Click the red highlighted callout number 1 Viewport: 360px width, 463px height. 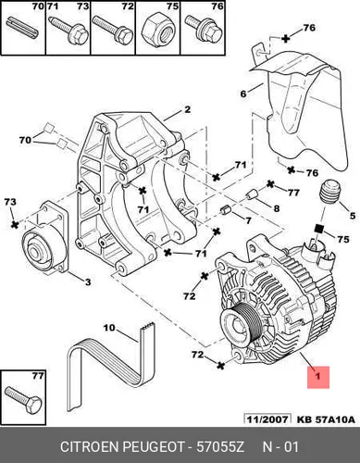[x=318, y=377]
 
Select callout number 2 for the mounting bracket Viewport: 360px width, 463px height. [x=188, y=109]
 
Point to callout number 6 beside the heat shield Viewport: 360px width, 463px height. [x=243, y=94]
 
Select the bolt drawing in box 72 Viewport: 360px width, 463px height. [x=113, y=30]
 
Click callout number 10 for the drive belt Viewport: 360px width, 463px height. [x=109, y=328]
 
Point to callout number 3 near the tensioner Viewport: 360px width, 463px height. [x=88, y=282]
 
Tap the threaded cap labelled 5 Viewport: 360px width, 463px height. [x=330, y=192]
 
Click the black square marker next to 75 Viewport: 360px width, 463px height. [x=318, y=229]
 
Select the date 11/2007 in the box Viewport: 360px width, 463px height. [x=267, y=419]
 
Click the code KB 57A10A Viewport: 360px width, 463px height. [x=326, y=419]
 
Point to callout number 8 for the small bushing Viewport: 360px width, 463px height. [x=277, y=208]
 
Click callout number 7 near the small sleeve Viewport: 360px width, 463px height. [x=248, y=220]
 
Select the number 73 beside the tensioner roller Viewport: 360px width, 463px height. [x=10, y=202]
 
